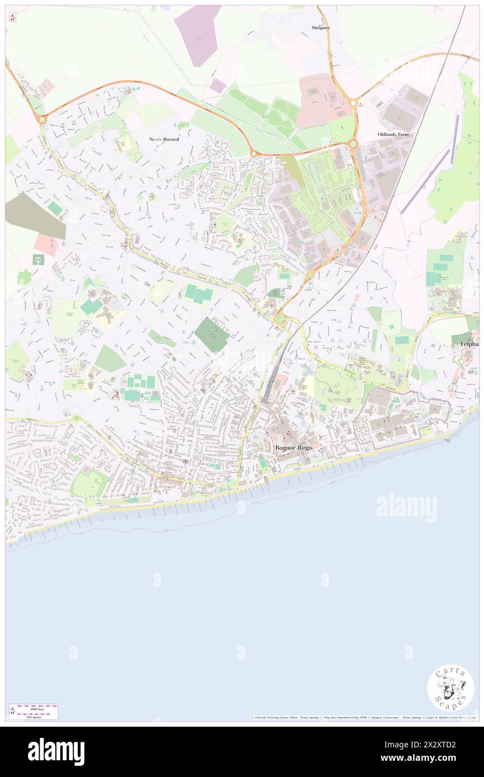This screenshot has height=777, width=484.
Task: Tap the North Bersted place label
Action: tap(164, 139)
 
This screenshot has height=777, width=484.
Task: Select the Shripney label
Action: tap(321, 27)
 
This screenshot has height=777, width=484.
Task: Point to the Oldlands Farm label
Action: tap(393, 135)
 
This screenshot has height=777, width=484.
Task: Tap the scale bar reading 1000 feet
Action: tap(34, 708)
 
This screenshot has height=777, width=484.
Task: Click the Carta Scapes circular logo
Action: tap(450, 688)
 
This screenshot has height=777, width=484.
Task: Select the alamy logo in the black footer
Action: tap(56, 752)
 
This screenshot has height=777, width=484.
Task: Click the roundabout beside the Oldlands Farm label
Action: tap(353, 144)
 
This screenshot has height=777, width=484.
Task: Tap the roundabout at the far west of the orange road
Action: tap(41, 119)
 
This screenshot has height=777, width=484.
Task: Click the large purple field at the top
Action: tap(198, 35)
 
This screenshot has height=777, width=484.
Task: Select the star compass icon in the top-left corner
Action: tap(12, 17)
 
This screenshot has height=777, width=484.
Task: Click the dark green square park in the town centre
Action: tap(211, 335)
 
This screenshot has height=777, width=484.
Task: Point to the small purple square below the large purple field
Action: tap(218, 86)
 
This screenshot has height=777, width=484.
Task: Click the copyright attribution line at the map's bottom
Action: tap(363, 718)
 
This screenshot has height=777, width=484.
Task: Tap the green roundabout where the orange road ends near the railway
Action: tap(279, 319)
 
